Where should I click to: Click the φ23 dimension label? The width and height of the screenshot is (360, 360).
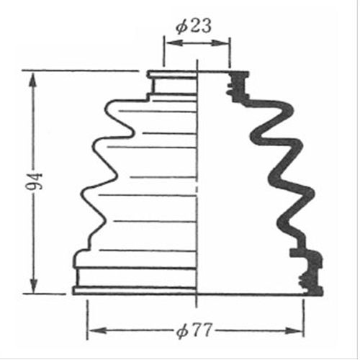point(194,25)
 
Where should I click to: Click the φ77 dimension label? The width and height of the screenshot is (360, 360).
point(194,330)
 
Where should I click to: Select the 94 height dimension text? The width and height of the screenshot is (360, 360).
point(34,181)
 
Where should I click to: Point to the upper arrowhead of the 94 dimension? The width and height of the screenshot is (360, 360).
point(33,81)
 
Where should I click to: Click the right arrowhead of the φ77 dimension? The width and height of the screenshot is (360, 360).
point(294,331)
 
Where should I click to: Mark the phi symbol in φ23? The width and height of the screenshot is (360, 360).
point(181,27)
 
